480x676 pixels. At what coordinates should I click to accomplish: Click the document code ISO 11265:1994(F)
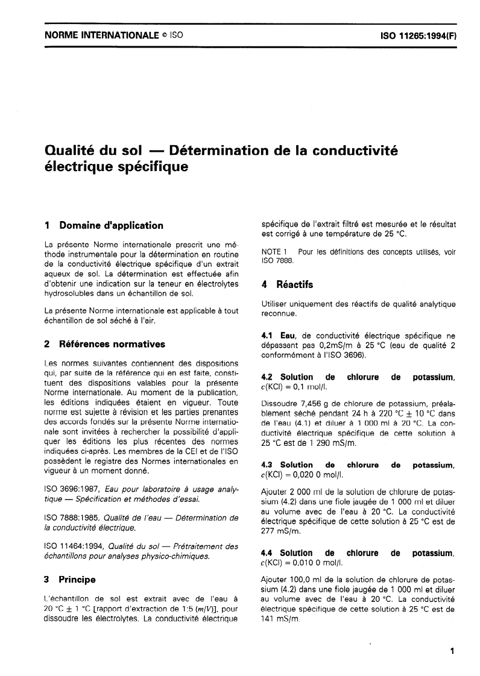[x=418, y=36]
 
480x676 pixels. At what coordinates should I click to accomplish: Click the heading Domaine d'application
[x=111, y=226]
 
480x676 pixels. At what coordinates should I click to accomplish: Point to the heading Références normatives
[x=112, y=344]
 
